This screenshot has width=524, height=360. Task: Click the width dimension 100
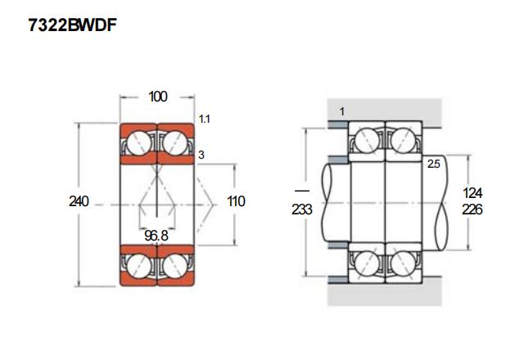158,97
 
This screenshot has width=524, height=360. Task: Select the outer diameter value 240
79,201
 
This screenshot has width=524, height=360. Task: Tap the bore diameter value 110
236,201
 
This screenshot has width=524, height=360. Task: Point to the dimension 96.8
157,236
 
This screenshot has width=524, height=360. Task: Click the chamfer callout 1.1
205,119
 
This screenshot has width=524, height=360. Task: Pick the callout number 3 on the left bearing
201,154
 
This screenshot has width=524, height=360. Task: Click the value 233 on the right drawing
302,209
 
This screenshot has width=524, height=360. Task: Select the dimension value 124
472,193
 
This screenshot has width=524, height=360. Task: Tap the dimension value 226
472,209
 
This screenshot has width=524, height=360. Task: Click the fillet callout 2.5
435,164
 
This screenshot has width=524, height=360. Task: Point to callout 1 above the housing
341,110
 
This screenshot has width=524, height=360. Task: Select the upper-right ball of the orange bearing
175,143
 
